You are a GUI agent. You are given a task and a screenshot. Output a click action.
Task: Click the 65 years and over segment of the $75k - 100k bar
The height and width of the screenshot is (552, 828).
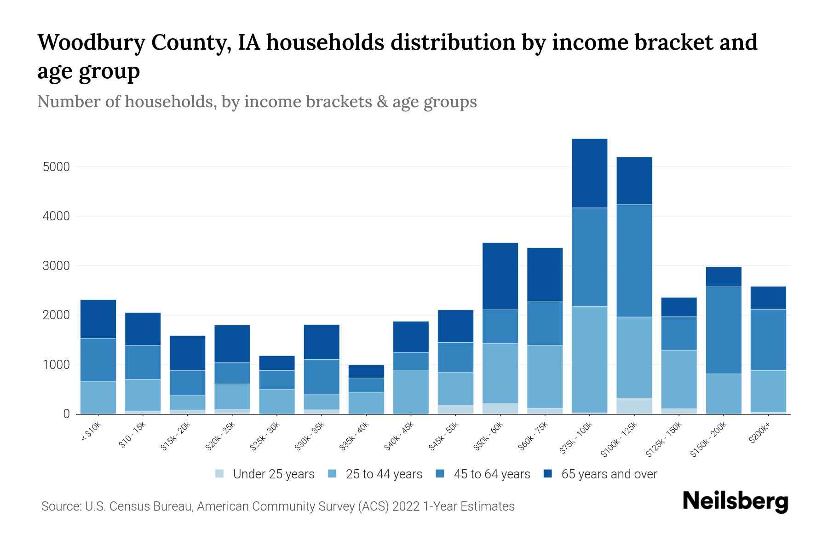[589, 173]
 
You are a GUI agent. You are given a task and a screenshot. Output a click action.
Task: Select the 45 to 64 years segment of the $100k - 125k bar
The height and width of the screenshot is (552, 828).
[634, 261]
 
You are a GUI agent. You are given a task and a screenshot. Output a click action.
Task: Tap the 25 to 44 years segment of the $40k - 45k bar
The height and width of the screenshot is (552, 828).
[411, 392]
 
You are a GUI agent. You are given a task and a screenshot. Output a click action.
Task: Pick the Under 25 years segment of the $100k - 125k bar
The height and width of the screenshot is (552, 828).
[634, 406]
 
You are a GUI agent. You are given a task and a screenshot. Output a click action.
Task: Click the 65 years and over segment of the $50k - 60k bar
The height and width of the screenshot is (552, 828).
[500, 276]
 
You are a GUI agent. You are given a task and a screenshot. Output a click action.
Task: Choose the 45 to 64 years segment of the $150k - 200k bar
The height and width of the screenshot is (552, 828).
[724, 330]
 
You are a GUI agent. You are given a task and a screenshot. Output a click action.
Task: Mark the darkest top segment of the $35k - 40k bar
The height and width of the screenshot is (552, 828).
[366, 372]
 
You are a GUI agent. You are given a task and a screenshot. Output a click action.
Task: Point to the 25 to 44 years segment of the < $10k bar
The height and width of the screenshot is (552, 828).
[98, 397]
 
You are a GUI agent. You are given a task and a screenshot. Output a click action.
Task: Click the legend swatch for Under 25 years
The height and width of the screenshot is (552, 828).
[220, 474]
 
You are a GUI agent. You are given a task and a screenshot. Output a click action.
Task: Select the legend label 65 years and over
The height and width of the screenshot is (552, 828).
[609, 474]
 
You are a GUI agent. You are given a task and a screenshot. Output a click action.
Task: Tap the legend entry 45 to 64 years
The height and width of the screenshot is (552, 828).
[491, 474]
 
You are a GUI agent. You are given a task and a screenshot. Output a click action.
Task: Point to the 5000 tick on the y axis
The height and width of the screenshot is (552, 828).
[56, 167]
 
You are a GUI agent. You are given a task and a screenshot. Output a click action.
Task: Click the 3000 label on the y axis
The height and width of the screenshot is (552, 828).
[56, 266]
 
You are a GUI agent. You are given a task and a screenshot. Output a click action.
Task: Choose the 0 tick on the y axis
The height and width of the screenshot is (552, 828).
[66, 414]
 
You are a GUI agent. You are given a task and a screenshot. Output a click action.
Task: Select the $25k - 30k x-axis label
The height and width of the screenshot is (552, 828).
[264, 437]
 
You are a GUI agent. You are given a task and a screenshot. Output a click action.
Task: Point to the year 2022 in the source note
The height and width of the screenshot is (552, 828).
[406, 506]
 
